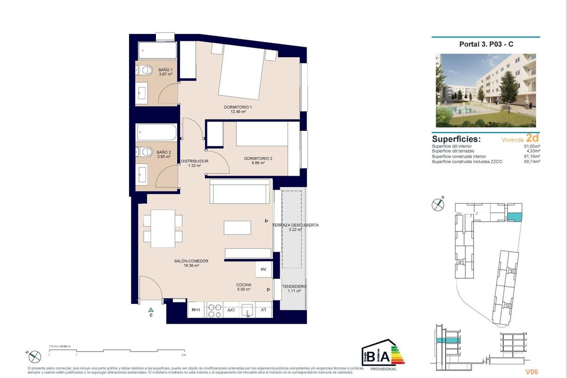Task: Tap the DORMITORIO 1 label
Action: pyautogui.click(x=238, y=107)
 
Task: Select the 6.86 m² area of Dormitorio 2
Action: pyautogui.click(x=258, y=163)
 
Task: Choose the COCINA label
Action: pyautogui.click(x=244, y=285)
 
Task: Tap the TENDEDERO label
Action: pyautogui.click(x=294, y=287)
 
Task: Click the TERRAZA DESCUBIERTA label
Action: pyautogui.click(x=296, y=225)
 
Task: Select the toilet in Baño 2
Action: pyautogui.click(x=142, y=152)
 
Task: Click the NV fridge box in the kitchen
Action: pyautogui.click(x=263, y=269)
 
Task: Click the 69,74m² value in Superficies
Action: pyautogui.click(x=532, y=162)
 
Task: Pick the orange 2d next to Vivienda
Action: pyautogui.click(x=533, y=139)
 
